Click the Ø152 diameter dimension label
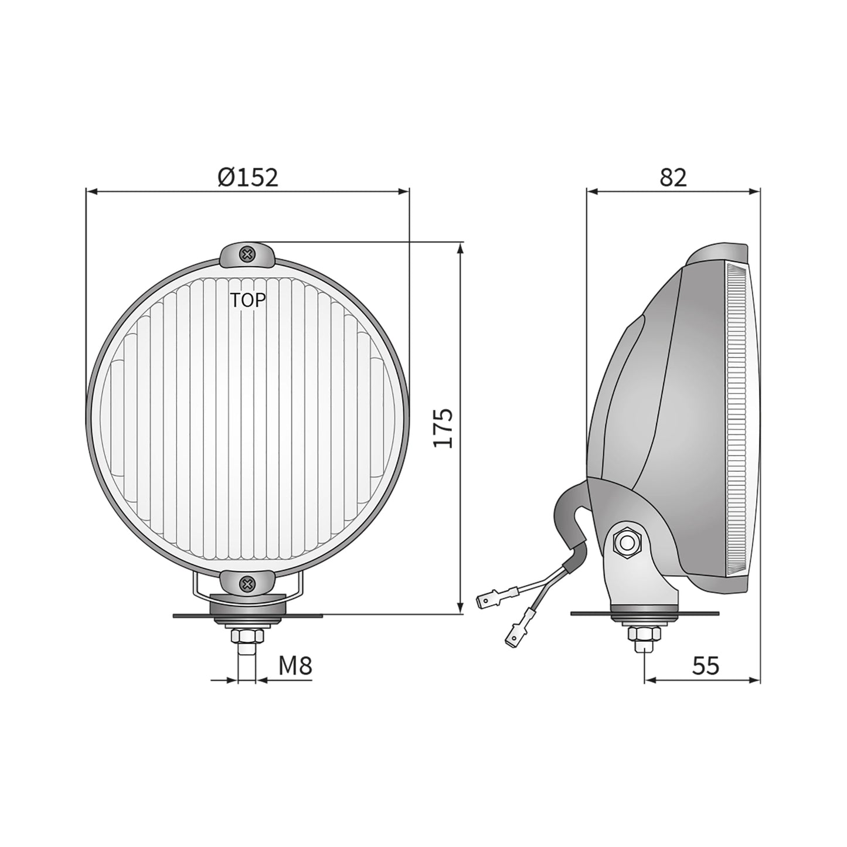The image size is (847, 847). pyautogui.click(x=247, y=177)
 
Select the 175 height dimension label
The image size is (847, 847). pyautogui.click(x=444, y=428)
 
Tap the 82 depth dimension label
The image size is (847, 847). pyautogui.click(x=672, y=177)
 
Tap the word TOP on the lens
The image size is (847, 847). pyautogui.click(x=247, y=301)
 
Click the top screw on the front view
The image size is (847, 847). pyautogui.click(x=247, y=254)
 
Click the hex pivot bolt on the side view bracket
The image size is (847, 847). pyautogui.click(x=627, y=543)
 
